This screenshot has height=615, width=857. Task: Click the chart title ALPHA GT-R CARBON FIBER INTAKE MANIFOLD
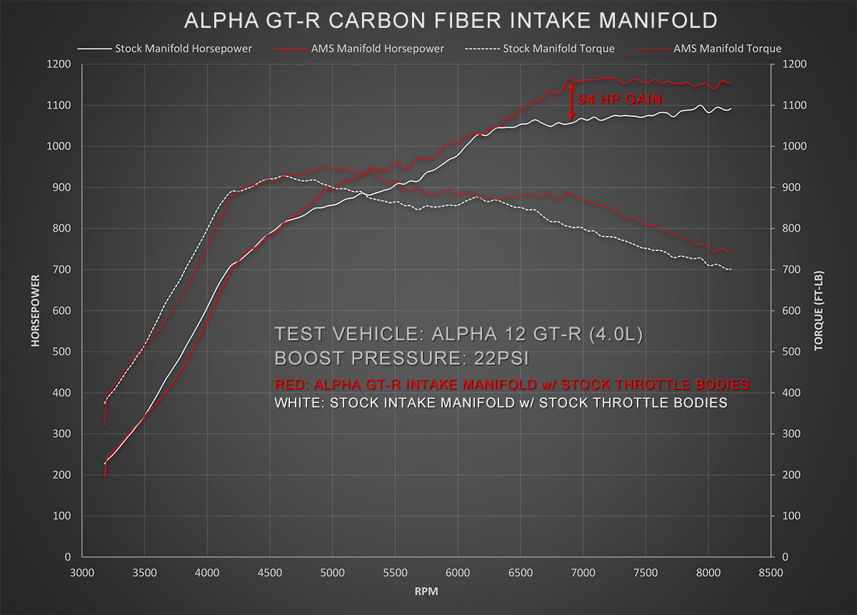[x=451, y=21]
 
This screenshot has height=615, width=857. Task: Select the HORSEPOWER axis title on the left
[x=35, y=310]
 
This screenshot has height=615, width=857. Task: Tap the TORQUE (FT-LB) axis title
[x=818, y=310]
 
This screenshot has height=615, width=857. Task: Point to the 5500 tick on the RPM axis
[x=395, y=572]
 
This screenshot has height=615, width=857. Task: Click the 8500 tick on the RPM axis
[x=771, y=572]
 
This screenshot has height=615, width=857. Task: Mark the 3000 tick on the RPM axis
[x=82, y=572]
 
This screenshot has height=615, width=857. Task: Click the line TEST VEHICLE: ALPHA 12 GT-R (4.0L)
[x=458, y=334]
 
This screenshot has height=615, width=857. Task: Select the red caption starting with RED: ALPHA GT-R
[x=511, y=385]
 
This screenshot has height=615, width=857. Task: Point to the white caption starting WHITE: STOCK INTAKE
[x=501, y=403]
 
